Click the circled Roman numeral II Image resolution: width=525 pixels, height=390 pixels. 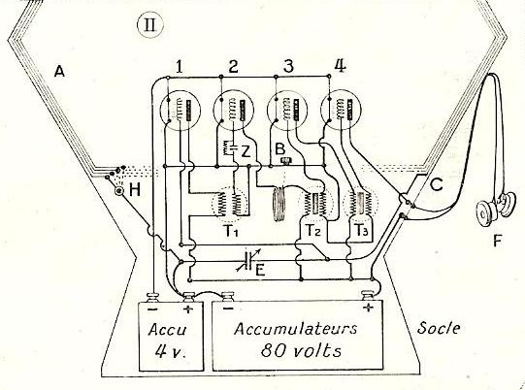[x=150, y=25]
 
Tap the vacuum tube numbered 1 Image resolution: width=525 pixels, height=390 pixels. [x=180, y=110]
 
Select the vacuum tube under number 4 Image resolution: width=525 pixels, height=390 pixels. [x=341, y=110]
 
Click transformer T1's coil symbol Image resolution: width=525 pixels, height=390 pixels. [x=230, y=204]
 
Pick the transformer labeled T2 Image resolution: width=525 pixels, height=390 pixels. [x=313, y=203]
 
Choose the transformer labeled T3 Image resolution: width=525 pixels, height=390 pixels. [x=360, y=204]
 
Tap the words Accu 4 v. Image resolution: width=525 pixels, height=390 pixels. [x=167, y=341]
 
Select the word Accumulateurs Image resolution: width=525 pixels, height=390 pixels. [x=296, y=329]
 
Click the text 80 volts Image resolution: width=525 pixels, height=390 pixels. [x=301, y=351]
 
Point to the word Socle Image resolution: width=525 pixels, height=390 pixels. [x=439, y=327]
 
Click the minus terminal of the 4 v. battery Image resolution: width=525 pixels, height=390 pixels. [x=153, y=297]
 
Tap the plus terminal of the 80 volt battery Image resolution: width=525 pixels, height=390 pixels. [x=369, y=296]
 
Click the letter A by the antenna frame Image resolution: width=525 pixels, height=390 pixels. [x=59, y=71]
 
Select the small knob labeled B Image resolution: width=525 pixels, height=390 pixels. [x=285, y=161]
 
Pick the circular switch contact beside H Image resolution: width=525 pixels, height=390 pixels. [x=119, y=191]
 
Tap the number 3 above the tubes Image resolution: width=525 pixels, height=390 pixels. [x=288, y=66]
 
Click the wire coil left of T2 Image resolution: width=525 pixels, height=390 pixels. [x=279, y=204]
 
